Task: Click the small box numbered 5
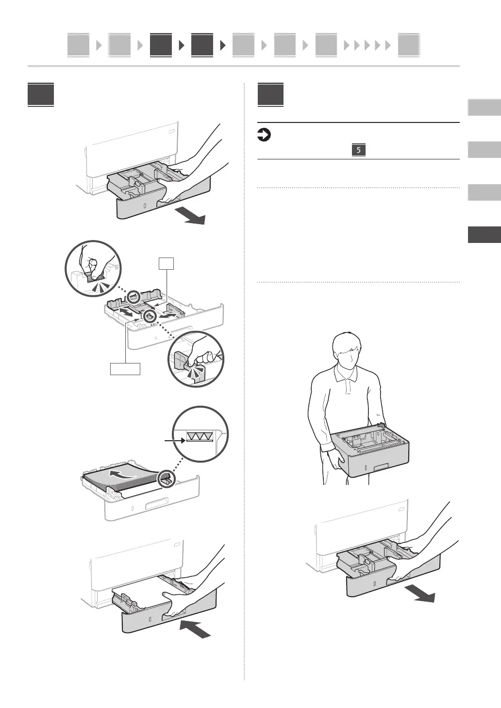click(x=358, y=150)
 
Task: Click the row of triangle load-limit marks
click(x=200, y=437)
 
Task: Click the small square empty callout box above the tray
click(x=166, y=264)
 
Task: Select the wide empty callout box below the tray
click(x=125, y=368)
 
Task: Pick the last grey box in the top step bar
click(x=408, y=46)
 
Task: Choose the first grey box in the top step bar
click(x=78, y=46)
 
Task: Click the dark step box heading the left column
click(x=41, y=96)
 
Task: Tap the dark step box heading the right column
click(x=270, y=96)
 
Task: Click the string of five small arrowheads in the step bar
click(x=367, y=46)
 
